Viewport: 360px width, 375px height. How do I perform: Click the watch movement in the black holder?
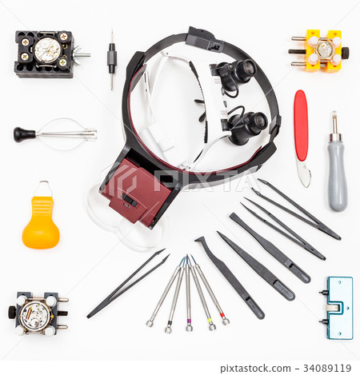(x=47, y=50)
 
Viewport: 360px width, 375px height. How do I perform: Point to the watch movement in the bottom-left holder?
(x=34, y=314)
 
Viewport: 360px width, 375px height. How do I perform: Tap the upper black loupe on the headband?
(x=238, y=73)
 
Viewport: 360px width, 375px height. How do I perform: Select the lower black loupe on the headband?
(x=250, y=125)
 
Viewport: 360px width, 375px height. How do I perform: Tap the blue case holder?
(x=338, y=307)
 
